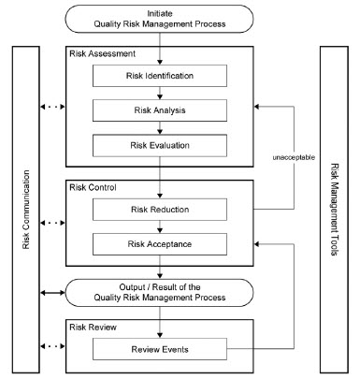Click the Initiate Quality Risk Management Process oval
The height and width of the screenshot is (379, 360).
point(160,19)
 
